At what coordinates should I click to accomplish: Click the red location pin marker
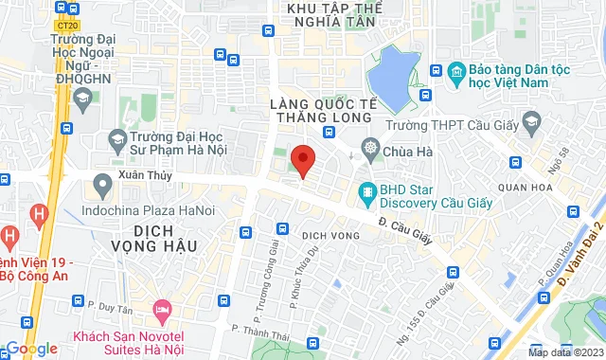(302, 159)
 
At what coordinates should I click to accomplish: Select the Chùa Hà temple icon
(368, 150)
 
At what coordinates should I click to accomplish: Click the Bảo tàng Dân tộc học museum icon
(456, 72)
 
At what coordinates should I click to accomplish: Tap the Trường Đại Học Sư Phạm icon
(117, 140)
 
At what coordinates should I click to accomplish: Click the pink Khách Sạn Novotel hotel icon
(163, 309)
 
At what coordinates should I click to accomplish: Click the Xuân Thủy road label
(116, 177)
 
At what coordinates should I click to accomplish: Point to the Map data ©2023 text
(565, 352)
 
